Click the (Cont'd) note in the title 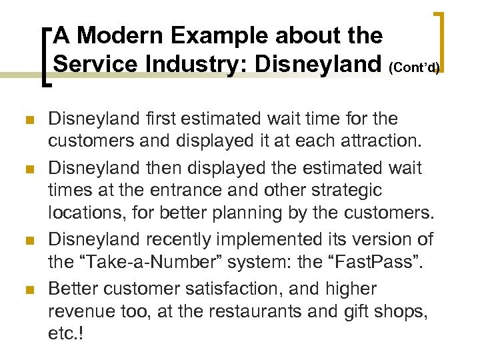[417, 67]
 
